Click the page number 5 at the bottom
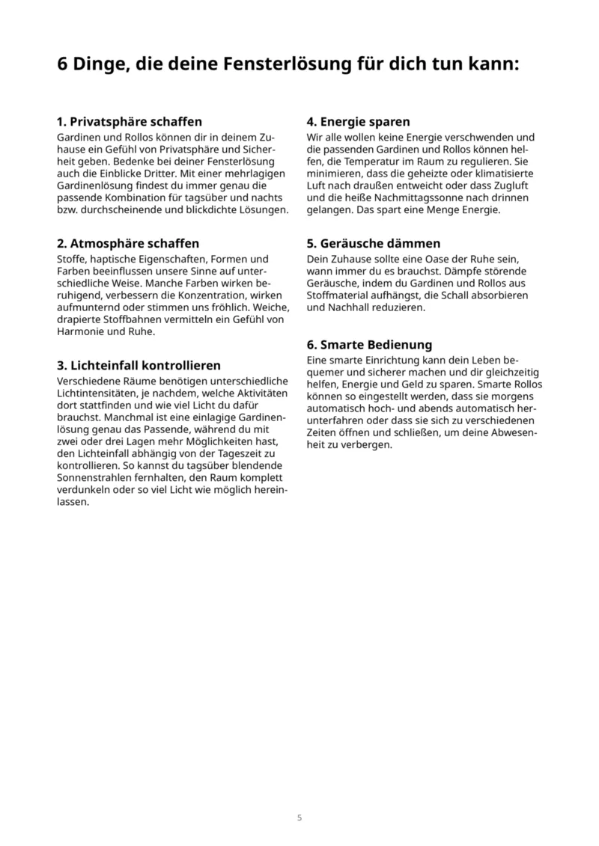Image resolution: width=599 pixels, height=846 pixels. point(299,818)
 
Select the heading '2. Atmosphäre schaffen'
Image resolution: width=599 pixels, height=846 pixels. point(128,244)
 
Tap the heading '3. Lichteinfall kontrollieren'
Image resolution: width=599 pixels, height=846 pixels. point(139,366)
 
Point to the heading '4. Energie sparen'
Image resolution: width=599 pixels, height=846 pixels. point(358,121)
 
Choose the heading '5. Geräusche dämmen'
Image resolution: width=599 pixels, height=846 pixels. point(374,244)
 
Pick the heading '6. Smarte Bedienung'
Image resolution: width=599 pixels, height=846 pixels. point(369,345)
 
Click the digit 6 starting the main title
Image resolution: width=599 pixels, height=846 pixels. point(63,65)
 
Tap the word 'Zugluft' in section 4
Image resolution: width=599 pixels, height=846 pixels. point(513,186)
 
